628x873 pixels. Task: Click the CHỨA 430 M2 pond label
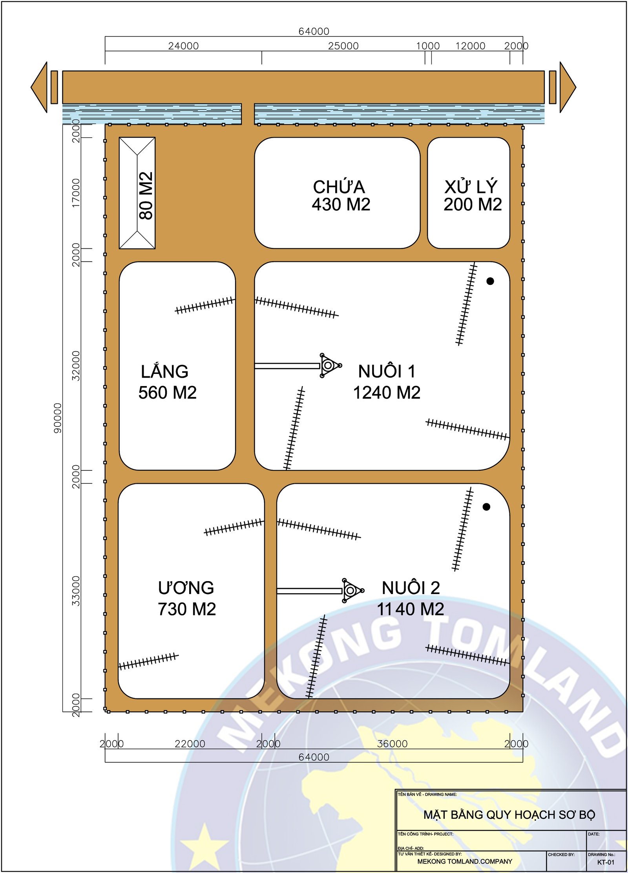[341, 196]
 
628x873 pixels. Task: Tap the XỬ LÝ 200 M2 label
[473, 196]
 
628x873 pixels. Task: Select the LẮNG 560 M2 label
[167, 382]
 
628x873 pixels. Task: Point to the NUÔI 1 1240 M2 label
[387, 382]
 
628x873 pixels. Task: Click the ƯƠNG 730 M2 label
[187, 598]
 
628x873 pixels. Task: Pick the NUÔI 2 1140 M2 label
[411, 598]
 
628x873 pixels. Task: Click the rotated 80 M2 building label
[146, 195]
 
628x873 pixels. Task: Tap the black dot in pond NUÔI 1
[490, 281]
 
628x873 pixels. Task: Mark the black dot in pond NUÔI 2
[486, 507]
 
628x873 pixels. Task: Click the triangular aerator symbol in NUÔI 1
[329, 365]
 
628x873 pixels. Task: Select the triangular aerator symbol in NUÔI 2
[351, 590]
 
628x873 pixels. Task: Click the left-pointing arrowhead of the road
[39, 87]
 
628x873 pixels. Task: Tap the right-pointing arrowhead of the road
[568, 87]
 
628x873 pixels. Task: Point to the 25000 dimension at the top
[343, 46]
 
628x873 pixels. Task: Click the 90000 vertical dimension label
[58, 418]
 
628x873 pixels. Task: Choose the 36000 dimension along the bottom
[392, 744]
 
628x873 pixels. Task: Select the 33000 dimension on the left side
[76, 591]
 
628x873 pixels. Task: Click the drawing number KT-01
[606, 862]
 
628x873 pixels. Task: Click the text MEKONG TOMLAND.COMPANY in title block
[465, 862]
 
